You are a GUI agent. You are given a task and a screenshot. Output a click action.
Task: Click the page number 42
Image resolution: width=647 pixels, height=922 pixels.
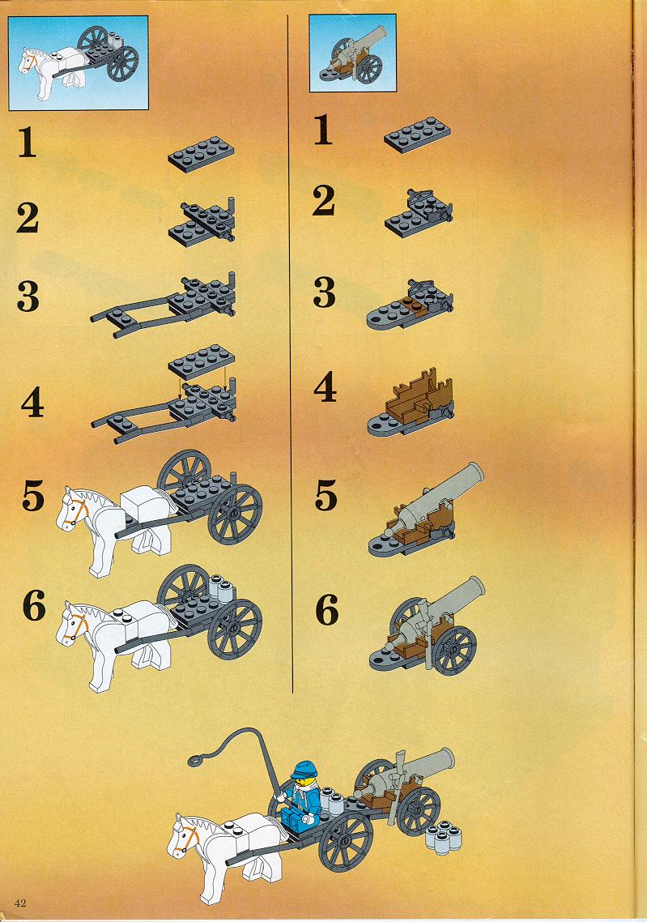[x=20, y=903]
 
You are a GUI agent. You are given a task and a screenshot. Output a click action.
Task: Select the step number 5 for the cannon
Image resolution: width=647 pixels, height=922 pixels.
[x=326, y=495]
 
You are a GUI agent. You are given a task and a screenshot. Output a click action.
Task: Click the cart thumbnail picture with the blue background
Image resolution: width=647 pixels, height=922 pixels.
[x=79, y=63]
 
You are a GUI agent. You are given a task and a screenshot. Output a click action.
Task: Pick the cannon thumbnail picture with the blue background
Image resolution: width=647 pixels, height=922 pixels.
[x=352, y=53]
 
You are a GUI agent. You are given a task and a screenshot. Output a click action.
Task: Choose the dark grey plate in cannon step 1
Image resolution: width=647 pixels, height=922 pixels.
[x=418, y=134]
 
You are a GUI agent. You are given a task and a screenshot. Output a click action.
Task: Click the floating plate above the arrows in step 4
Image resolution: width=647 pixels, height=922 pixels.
[x=202, y=361]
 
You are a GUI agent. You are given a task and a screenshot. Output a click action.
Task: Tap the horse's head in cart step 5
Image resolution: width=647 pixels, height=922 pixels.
[x=74, y=510]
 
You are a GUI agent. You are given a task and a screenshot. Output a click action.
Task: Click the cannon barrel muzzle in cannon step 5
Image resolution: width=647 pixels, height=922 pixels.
[x=472, y=472]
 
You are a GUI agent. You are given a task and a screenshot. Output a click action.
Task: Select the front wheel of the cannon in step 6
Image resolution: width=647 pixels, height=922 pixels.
[x=453, y=651]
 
